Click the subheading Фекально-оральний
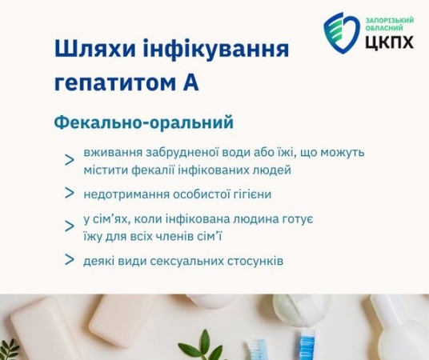click(143, 122)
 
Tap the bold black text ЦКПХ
click(390, 42)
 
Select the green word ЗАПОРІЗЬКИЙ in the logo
click(390, 20)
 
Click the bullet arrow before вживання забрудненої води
click(70, 161)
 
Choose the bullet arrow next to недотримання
click(70, 193)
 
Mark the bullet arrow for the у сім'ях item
click(70, 226)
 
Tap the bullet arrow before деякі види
click(70, 260)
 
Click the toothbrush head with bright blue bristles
click(305, 343)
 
